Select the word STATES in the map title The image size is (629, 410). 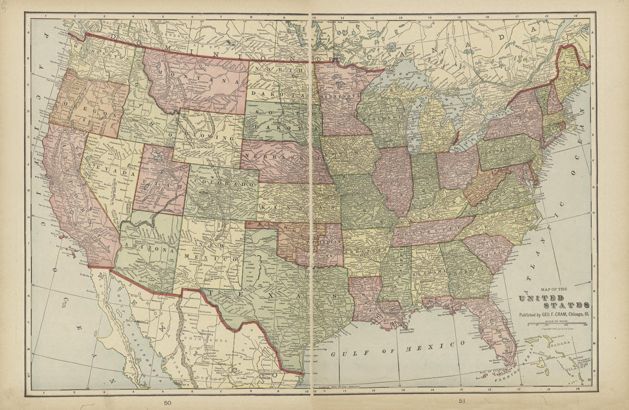pyautogui.click(x=566, y=305)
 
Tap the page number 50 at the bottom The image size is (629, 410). pyautogui.click(x=167, y=402)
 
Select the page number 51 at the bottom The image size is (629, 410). pyautogui.click(x=462, y=401)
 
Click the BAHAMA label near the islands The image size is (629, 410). pyautogui.click(x=563, y=343)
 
